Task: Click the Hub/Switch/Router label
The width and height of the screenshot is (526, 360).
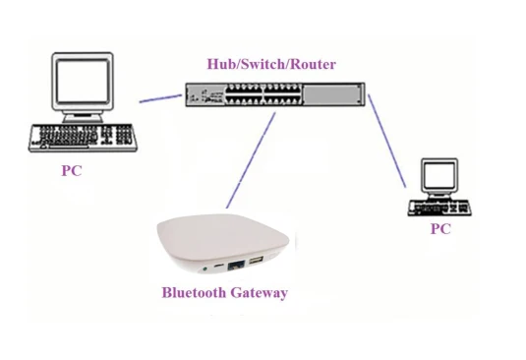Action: pos(270,65)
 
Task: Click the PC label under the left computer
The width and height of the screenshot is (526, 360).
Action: pos(71,171)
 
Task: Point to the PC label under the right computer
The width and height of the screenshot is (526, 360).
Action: pos(440,229)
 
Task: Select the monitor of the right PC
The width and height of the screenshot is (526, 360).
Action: pos(438,177)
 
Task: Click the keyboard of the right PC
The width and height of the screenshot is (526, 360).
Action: pos(439,207)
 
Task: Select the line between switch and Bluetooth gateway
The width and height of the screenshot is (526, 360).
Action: pos(251,157)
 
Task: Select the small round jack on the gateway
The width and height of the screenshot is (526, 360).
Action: pos(205,266)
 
